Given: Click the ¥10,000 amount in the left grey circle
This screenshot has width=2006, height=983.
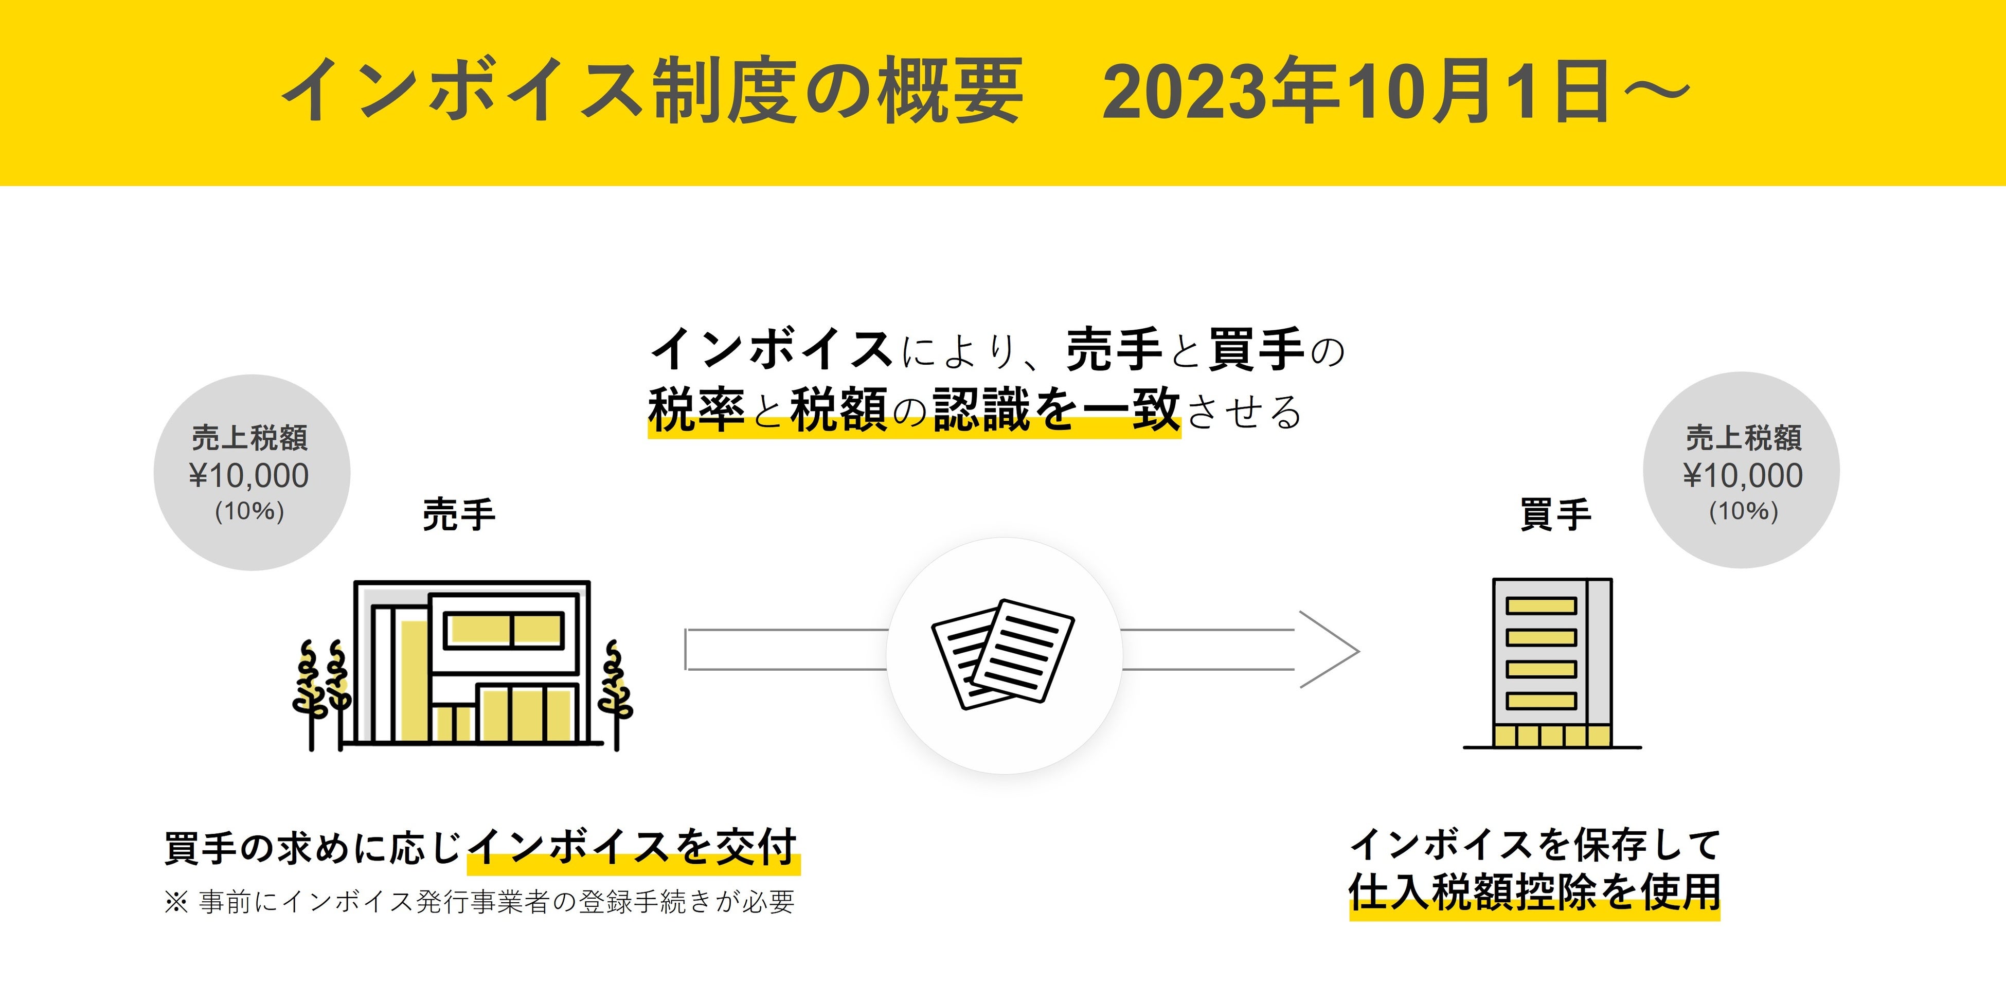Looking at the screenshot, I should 249,476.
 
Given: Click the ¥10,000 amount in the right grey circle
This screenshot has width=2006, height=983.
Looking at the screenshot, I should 1743,476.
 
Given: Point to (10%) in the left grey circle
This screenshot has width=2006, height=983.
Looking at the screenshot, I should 249,511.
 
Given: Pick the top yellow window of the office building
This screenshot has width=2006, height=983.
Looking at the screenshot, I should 1541,605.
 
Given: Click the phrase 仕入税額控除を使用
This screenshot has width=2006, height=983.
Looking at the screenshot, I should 1534,892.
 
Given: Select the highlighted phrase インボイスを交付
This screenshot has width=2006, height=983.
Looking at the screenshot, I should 633,848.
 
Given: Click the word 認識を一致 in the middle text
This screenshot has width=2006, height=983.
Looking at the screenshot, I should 1056,410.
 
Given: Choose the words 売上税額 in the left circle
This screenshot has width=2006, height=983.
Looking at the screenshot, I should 249,438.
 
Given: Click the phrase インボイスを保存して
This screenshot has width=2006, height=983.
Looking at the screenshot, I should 1534,845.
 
